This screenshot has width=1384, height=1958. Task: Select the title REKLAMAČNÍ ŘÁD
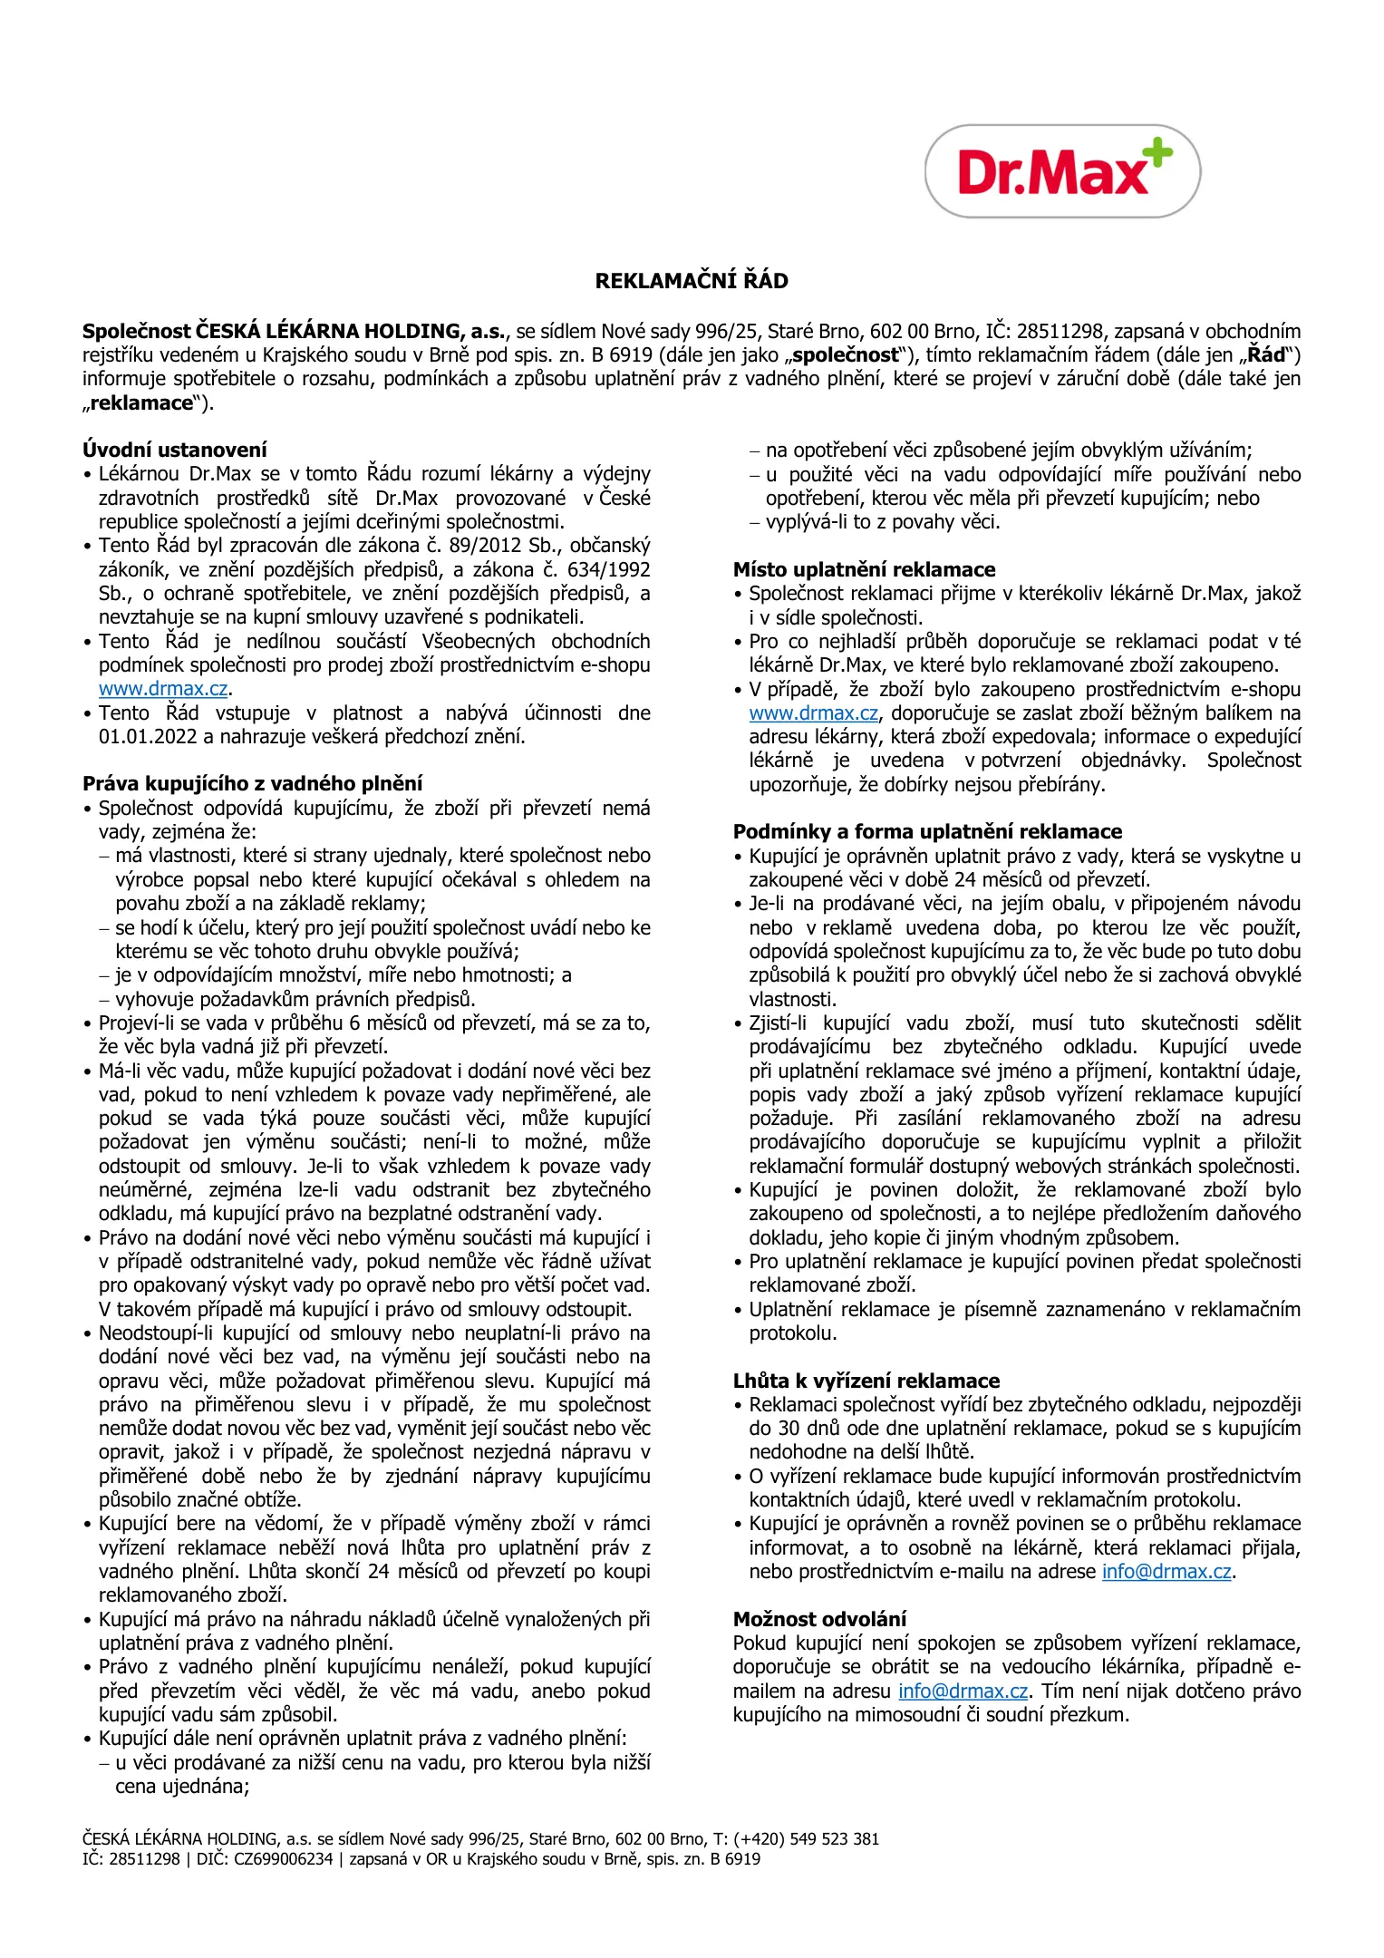point(692,281)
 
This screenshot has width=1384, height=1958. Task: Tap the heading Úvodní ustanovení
point(175,450)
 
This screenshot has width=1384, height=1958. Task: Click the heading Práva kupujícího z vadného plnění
point(253,784)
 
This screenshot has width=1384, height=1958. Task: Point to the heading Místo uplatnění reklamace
point(864,569)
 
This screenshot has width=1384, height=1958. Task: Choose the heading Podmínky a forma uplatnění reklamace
point(927,831)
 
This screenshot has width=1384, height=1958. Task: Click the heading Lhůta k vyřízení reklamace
point(866,1381)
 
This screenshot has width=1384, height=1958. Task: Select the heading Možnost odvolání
point(819,1619)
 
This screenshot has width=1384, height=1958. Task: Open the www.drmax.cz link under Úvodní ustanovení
point(163,689)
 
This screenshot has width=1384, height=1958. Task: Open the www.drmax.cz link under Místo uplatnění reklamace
point(813,713)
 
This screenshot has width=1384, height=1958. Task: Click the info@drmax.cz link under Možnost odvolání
point(963,1691)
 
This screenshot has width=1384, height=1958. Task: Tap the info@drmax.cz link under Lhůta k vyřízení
point(1166,1572)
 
